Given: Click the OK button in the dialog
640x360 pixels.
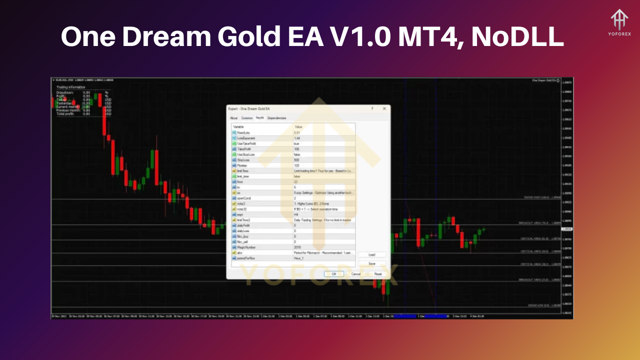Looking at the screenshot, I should [x=333, y=274].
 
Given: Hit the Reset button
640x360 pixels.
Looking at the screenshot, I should [x=378, y=274].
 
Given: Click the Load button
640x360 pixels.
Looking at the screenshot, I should [x=371, y=255].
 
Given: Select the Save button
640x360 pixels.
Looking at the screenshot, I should [x=371, y=263].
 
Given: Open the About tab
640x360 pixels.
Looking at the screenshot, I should [x=233, y=118].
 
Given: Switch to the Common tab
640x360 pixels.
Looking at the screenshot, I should [x=247, y=118].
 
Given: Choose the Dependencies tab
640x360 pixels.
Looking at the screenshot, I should [x=276, y=118].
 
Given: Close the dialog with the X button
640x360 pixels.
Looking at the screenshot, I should [x=384, y=108].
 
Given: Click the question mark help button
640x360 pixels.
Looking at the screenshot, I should [x=372, y=108].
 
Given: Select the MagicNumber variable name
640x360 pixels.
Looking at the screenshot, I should [x=246, y=247].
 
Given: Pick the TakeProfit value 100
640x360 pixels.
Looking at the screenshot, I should [x=296, y=149].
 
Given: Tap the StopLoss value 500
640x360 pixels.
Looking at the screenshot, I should [x=296, y=160].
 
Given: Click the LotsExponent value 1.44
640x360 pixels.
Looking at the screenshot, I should [x=297, y=138].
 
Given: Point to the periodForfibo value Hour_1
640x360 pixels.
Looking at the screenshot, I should [x=299, y=258].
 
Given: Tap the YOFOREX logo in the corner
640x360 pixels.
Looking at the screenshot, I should [x=619, y=23].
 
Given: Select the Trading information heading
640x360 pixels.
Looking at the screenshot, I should [x=70, y=87].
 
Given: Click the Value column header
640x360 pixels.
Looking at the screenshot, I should [x=298, y=127].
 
